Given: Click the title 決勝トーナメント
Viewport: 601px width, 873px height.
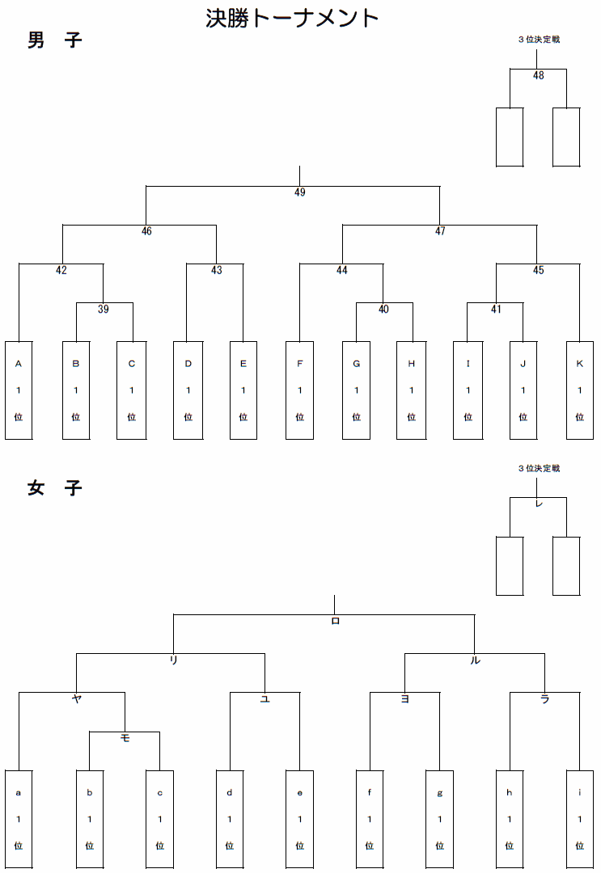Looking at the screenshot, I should tap(292, 18).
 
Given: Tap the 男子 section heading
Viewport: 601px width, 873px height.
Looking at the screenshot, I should tap(54, 40).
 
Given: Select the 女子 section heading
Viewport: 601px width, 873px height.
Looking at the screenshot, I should tap(54, 488).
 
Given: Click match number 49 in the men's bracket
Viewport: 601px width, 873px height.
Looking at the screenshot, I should tap(300, 192).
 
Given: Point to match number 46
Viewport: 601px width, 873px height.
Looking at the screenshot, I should tap(146, 231).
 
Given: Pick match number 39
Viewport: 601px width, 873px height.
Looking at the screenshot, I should tap(104, 309).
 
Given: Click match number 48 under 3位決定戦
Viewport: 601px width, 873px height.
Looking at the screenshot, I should tap(539, 76).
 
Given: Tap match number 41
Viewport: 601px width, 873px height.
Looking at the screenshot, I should tap(496, 309).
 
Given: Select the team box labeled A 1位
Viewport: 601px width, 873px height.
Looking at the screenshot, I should tap(19, 390).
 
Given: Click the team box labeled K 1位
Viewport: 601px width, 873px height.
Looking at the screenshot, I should tap(579, 390).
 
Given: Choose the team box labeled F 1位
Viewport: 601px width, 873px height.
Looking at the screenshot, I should tap(299, 390).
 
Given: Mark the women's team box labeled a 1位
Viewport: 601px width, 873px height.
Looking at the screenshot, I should tap(19, 819).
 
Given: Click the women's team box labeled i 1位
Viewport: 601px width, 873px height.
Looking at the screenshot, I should tap(579, 819).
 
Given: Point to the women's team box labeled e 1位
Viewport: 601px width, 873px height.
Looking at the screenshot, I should tap(299, 819).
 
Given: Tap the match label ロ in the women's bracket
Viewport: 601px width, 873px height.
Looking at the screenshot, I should tap(336, 621).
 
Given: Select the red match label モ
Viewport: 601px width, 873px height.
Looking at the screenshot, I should tap(125, 738).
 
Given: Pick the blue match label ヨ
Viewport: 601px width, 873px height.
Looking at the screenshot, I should tap(404, 699).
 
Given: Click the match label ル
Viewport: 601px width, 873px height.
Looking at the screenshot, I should tap(475, 660).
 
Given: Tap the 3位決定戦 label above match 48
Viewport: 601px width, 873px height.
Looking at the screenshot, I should tap(539, 39).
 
